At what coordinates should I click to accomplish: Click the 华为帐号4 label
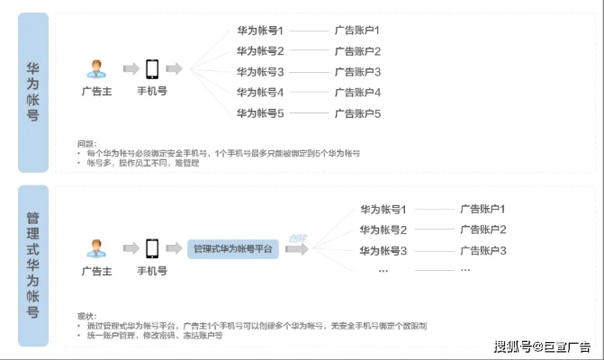pyautogui.click(x=260, y=93)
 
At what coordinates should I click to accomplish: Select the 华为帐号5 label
pyautogui.click(x=260, y=113)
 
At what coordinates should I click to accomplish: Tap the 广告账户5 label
pyautogui.click(x=357, y=113)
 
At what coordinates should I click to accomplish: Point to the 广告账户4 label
pyautogui.click(x=357, y=93)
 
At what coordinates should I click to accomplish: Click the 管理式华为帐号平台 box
pyautogui.click(x=235, y=248)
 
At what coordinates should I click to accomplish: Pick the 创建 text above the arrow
pyautogui.click(x=297, y=238)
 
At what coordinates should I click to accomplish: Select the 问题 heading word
pyautogui.click(x=86, y=143)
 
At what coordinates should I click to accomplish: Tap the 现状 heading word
pyautogui.click(x=86, y=315)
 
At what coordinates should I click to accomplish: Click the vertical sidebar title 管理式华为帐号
pyautogui.click(x=32, y=265)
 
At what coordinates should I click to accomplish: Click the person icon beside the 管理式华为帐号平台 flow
pyautogui.click(x=95, y=246)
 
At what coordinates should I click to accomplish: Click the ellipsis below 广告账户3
pyautogui.click(x=464, y=269)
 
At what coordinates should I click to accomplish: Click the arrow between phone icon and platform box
pyautogui.click(x=174, y=247)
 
